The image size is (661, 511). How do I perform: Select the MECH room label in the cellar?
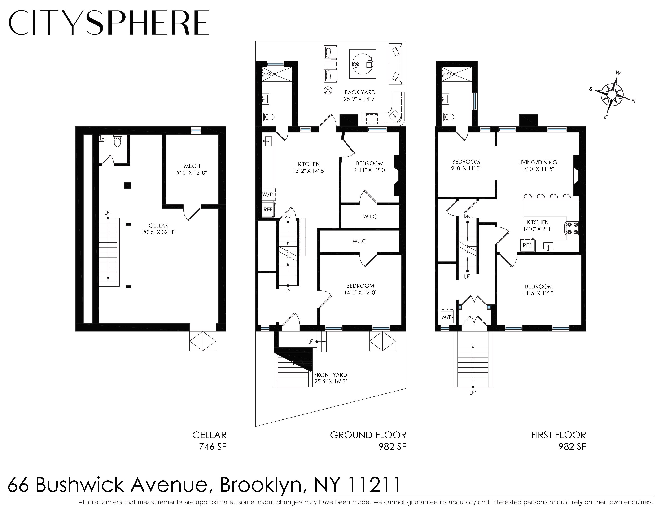click(192, 166)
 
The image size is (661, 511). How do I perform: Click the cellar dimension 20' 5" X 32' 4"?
click(159, 232)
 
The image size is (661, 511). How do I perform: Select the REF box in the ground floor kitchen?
click(268, 209)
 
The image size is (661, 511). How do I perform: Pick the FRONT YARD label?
click(330, 374)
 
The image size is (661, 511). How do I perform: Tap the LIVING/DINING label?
click(538, 162)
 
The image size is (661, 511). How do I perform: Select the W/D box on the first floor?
click(447, 317)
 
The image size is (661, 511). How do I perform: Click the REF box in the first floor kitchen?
click(527, 245)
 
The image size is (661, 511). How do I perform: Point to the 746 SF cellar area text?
click(212, 446)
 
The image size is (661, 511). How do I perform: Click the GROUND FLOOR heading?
click(368, 435)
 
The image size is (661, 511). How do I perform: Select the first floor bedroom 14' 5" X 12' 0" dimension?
click(538, 293)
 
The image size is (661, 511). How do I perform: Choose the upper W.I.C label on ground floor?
click(370, 216)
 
